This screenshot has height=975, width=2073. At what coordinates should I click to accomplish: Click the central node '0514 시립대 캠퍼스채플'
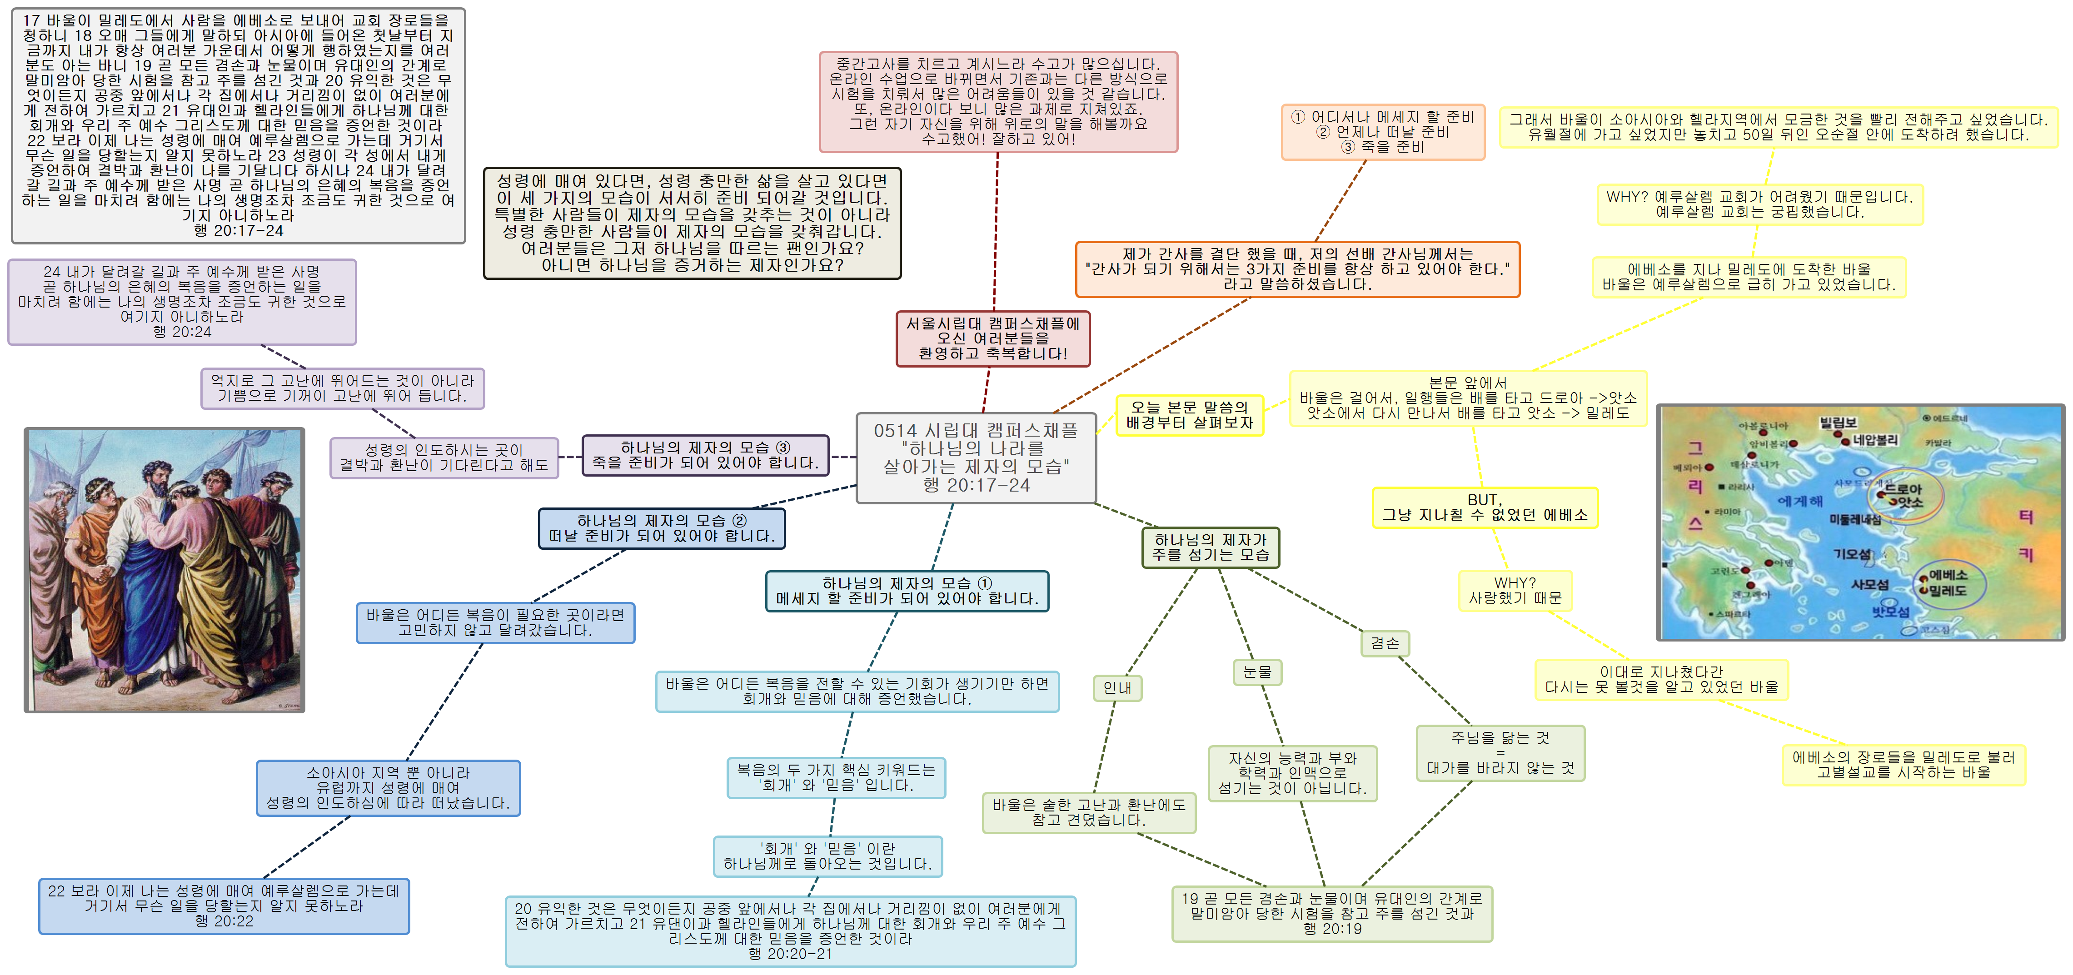(975, 458)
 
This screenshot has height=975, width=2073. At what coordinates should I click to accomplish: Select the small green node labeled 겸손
(1385, 643)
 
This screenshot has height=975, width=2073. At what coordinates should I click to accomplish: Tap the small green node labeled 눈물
(1257, 672)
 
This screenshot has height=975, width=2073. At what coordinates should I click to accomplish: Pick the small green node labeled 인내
(1117, 688)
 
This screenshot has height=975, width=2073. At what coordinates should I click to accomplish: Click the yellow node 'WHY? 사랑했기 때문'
(1515, 591)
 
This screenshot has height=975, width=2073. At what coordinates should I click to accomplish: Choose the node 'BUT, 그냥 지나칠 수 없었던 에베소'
(1485, 507)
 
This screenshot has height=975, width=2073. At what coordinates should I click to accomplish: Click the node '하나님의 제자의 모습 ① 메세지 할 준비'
(907, 591)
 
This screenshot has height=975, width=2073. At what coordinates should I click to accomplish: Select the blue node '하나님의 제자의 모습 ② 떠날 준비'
(662, 528)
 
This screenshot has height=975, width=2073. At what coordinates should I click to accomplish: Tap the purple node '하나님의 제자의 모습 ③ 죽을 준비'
(705, 455)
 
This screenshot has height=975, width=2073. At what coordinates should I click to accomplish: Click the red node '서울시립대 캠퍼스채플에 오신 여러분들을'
(993, 338)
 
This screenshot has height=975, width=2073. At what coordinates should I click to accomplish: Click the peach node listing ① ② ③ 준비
(1383, 132)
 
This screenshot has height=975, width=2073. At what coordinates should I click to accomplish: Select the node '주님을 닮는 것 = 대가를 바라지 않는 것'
(1500, 753)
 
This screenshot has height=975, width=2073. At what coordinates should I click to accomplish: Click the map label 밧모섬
(1890, 612)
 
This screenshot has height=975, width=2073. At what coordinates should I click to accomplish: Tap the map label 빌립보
(1838, 423)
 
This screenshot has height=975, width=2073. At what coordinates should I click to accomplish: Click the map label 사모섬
(1869, 585)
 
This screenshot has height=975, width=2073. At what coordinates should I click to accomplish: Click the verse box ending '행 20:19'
(1332, 913)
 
